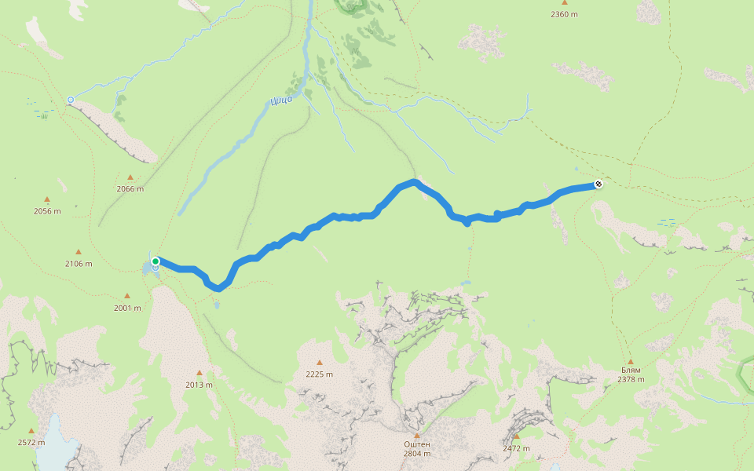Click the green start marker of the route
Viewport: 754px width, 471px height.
point(156,261)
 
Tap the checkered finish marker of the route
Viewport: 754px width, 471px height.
point(598,184)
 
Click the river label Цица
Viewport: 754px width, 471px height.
point(280,99)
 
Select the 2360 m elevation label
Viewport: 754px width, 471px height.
point(564,14)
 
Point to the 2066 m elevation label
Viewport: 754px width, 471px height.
point(130,188)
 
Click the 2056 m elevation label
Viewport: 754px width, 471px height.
point(47,211)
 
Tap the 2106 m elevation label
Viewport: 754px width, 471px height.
point(79,264)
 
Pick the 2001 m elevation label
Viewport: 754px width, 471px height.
point(126,308)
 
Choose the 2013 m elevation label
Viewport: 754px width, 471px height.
point(199,385)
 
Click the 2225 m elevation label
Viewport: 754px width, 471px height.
point(320,374)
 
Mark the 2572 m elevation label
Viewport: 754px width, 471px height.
point(31,442)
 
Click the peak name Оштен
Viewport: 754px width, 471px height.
point(417,444)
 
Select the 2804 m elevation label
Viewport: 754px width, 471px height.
point(417,454)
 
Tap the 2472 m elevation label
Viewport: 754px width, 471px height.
point(516,448)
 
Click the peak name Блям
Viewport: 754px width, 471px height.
point(631,370)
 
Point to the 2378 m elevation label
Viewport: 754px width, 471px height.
point(631,380)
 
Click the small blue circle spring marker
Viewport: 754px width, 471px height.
point(71,100)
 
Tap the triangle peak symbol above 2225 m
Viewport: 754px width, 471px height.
point(320,363)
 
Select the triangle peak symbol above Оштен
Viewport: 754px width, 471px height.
point(417,434)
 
